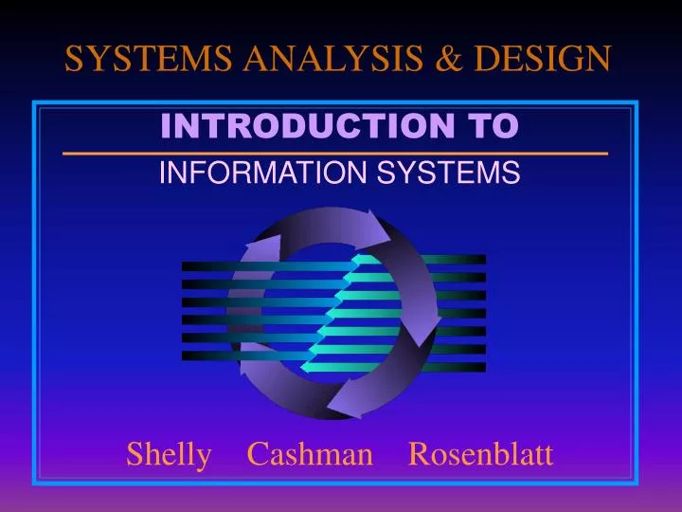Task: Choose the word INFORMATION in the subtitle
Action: pos(248,173)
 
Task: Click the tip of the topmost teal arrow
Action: pos(354,259)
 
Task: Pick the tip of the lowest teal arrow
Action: pos(303,366)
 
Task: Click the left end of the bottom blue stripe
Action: pos(186,356)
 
